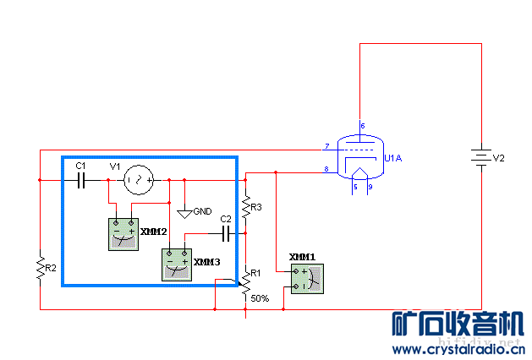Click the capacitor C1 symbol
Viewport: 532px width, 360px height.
click(82, 180)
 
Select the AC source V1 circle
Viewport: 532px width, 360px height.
click(139, 180)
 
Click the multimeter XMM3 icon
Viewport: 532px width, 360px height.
click(177, 265)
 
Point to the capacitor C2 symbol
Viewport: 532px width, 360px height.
click(226, 231)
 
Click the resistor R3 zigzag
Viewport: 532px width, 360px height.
click(245, 206)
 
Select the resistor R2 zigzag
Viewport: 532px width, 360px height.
click(40, 269)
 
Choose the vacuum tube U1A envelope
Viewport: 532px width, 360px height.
click(359, 157)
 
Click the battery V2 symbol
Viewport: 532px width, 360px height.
click(481, 159)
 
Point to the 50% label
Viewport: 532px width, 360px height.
click(259, 298)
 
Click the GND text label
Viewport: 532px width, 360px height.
click(203, 211)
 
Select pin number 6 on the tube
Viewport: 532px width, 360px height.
click(363, 126)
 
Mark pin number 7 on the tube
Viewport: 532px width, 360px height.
click(326, 147)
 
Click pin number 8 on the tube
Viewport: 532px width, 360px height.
click(326, 171)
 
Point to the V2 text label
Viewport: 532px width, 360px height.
click(499, 158)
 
